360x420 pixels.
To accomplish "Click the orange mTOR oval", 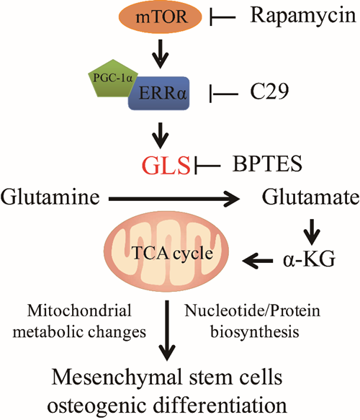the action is pyautogui.click(x=160, y=17).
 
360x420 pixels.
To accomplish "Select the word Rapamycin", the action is pyautogui.click(x=303, y=17).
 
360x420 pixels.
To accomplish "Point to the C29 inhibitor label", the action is pyautogui.click(x=269, y=91).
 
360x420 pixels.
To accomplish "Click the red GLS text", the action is pyautogui.click(x=166, y=165).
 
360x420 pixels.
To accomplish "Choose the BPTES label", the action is pyautogui.click(x=267, y=164).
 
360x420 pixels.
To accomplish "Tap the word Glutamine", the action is pyautogui.click(x=50, y=197).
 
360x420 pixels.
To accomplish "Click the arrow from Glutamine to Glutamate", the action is pyautogui.click(x=174, y=199).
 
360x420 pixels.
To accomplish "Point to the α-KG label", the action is pyautogui.click(x=309, y=259).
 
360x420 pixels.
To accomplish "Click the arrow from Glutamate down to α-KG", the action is pyautogui.click(x=311, y=232).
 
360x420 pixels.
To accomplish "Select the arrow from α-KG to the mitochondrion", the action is pyautogui.click(x=257, y=260).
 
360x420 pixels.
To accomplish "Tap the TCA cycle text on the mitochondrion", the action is pyautogui.click(x=173, y=253).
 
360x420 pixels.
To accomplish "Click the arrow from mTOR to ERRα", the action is pyautogui.click(x=161, y=54).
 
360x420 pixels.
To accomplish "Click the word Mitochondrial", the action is pyautogui.click(x=79, y=310).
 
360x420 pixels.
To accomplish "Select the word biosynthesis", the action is pyautogui.click(x=255, y=332).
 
